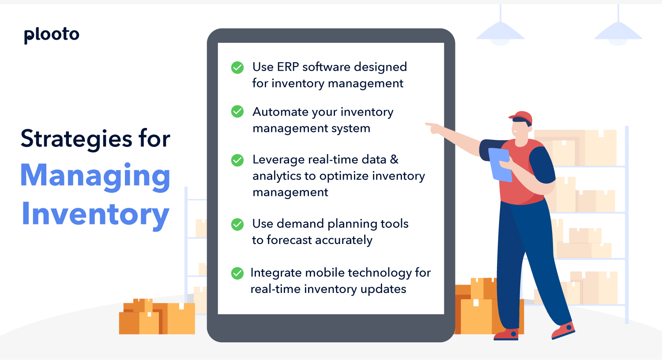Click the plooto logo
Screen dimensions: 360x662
[52, 34]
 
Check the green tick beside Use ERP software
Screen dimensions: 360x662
[237, 67]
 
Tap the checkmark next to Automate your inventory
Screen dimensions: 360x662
[237, 112]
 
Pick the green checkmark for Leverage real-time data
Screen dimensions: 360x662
[237, 160]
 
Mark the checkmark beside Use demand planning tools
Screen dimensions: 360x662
[237, 224]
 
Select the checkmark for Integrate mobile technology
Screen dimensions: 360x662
[237, 274]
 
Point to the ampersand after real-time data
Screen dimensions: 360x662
[394, 159]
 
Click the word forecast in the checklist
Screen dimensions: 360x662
[290, 240]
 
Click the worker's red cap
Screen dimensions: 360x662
[522, 117]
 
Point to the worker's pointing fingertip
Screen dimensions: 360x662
[427, 125]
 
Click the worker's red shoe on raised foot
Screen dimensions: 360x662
[564, 330]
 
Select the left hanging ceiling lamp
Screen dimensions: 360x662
[500, 33]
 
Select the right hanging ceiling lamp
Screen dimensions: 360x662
[618, 33]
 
